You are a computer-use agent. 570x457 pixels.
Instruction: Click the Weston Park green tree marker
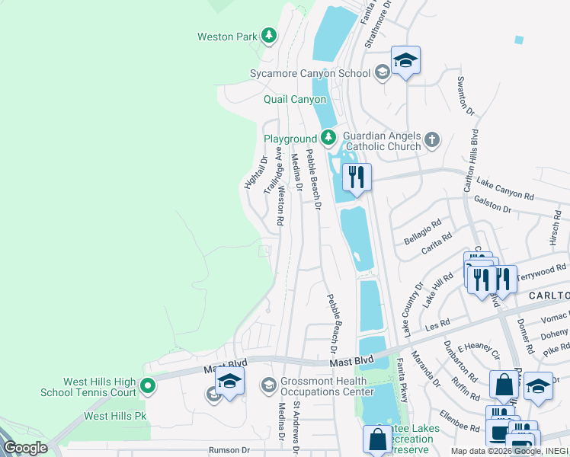coord(268,35)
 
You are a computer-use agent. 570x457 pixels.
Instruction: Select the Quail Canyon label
coord(295,100)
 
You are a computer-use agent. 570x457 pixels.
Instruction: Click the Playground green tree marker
coord(328,138)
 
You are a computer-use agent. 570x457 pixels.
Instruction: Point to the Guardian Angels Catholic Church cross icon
coord(432,139)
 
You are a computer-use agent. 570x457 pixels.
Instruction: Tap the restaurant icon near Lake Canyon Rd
coord(357,177)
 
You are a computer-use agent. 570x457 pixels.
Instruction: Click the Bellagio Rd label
coord(424,232)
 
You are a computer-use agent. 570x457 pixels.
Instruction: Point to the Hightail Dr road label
coord(253,172)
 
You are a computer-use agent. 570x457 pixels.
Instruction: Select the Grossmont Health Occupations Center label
coord(327,386)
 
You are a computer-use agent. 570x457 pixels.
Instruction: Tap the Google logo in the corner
coord(25,448)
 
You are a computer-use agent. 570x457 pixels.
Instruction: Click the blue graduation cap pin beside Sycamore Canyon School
coord(405,61)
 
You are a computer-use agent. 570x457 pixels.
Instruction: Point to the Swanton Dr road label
coord(465,96)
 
